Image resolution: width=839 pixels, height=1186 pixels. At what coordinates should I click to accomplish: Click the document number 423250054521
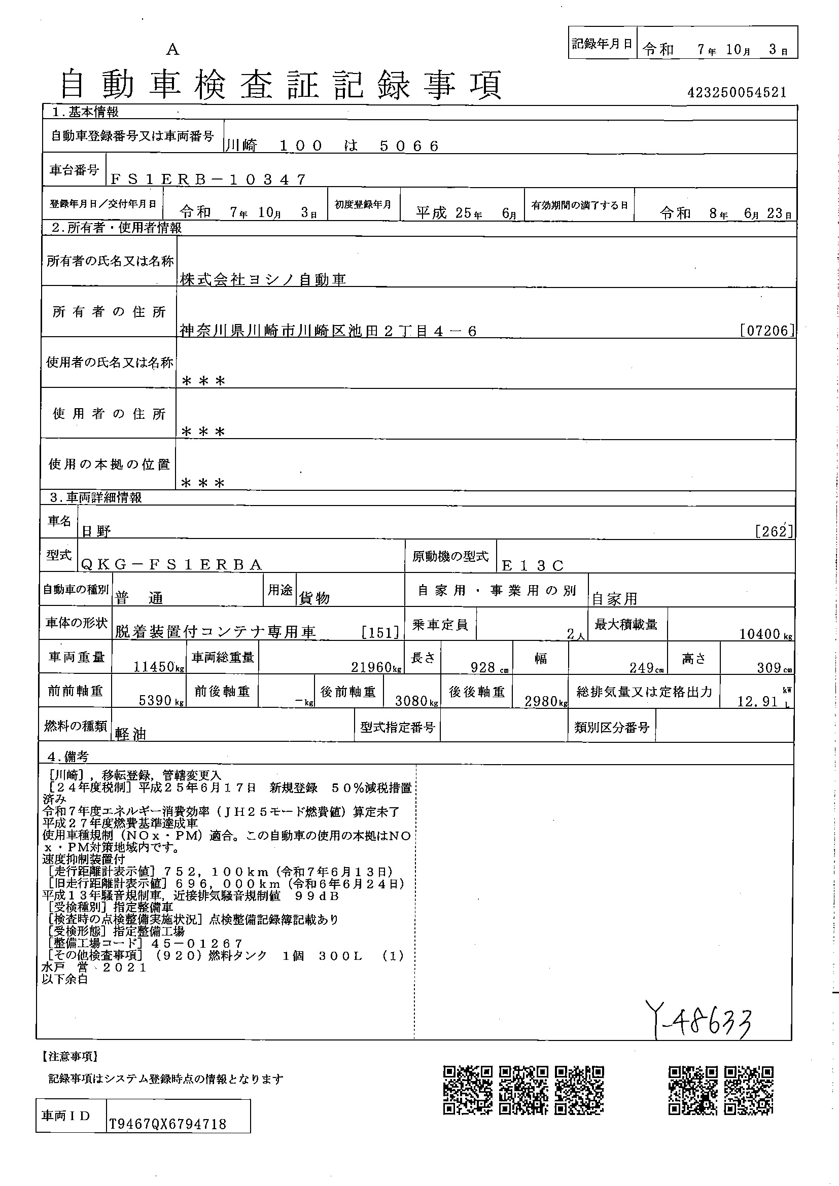737,92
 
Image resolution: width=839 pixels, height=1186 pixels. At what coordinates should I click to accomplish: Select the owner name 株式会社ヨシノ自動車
263,279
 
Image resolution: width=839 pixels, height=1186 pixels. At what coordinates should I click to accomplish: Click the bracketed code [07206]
767,331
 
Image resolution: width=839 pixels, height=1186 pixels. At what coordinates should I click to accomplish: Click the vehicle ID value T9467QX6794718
168,1124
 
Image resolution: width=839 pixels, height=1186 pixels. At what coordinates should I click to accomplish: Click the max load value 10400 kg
765,634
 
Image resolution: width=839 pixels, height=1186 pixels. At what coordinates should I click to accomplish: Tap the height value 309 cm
774,668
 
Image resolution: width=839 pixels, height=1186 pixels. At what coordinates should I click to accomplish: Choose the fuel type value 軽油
131,734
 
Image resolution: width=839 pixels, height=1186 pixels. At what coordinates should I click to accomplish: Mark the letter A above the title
172,50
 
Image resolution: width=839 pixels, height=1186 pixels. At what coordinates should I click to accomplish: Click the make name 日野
96,530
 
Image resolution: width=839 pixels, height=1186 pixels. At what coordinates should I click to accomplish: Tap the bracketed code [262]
774,531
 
